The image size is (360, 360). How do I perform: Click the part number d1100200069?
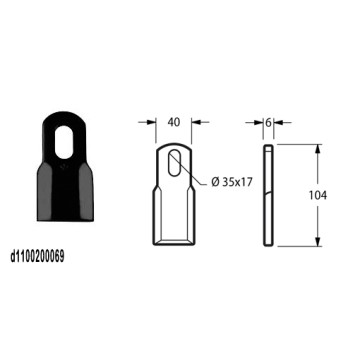38,257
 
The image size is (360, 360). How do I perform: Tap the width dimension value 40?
174,122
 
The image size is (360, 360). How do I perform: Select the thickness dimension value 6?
268,122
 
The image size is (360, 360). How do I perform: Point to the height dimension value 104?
318,195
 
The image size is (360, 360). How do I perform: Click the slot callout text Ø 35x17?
231,182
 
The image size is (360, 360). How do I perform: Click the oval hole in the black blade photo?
64,142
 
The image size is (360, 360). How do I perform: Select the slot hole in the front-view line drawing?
174,163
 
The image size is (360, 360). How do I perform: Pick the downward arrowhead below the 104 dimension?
318,242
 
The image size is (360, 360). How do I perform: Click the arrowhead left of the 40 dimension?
152,122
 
